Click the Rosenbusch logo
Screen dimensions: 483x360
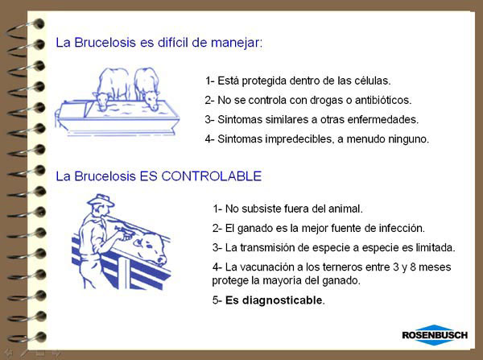click(435, 335)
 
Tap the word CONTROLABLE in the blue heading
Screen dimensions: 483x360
click(211, 176)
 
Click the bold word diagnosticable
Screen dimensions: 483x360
click(275, 300)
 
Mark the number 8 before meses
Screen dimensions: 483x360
click(413, 267)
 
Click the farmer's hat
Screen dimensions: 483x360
click(101, 201)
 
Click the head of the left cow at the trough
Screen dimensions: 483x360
click(101, 101)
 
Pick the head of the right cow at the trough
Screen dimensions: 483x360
click(151, 100)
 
